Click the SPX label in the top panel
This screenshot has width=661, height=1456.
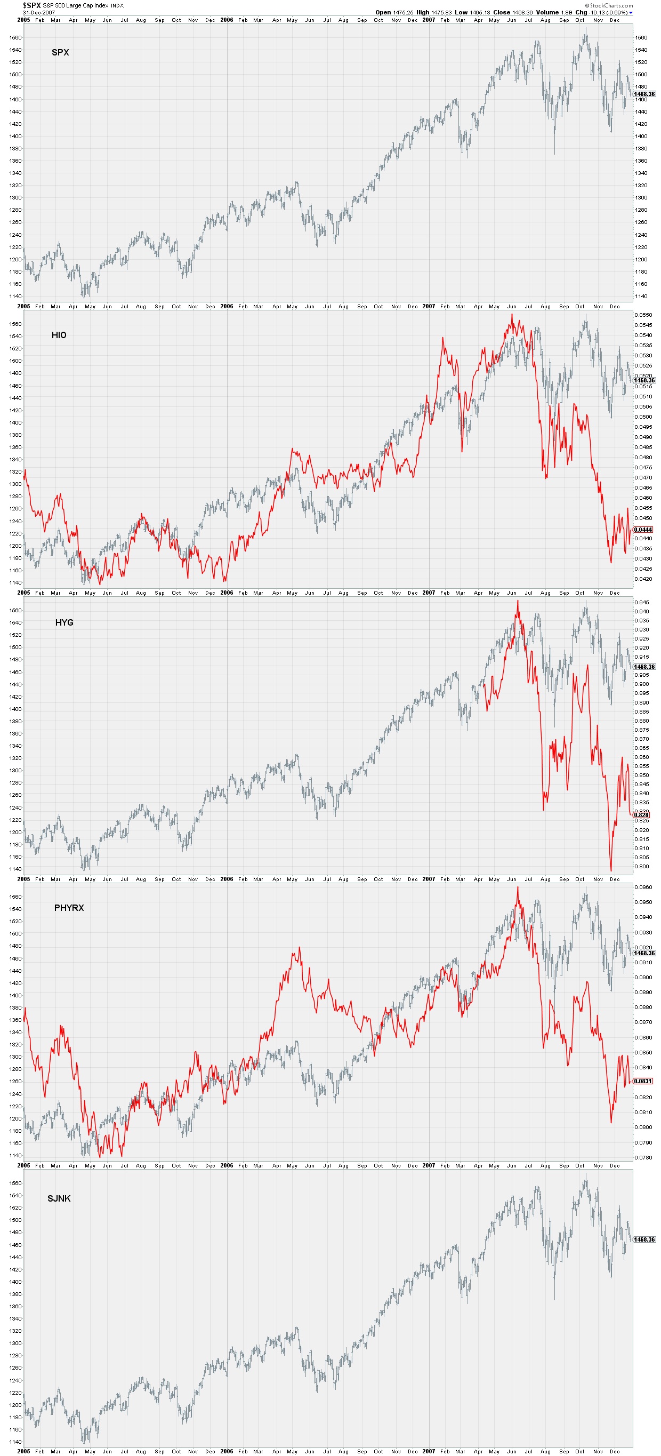pos(60,53)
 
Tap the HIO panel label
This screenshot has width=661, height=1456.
pos(59,335)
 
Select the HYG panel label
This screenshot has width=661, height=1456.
pos(64,622)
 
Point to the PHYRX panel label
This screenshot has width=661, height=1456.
pos(69,908)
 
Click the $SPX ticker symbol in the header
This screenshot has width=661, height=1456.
pos(31,5)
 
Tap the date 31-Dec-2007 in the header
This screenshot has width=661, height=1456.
pos(39,12)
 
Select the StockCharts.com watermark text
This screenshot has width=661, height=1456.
pos(611,5)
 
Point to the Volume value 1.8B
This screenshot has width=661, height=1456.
pos(566,12)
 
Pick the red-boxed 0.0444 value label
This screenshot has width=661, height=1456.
pos(643,530)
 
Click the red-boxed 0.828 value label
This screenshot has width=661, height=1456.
pos(641,814)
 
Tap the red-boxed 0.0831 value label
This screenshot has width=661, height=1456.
pos(643,1081)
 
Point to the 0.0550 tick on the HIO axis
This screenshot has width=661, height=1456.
pos(643,315)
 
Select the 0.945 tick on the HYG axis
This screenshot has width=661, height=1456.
pos(641,603)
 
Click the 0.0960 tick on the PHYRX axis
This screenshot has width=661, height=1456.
pos(643,887)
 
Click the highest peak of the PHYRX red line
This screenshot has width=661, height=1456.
pos(518,887)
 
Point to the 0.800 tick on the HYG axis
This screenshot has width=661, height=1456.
pos(641,867)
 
